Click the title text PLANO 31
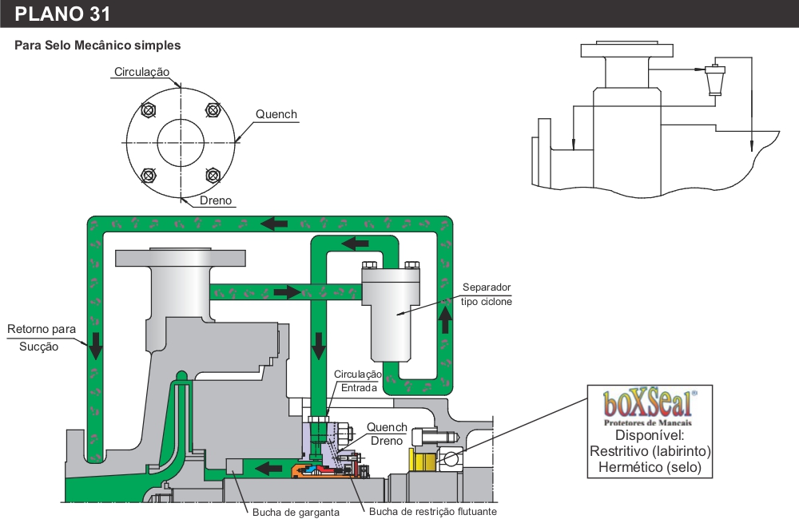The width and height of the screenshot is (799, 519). pos(62,14)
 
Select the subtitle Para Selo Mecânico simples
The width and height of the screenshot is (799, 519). pos(97,46)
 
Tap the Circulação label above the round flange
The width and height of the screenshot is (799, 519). pos(141,72)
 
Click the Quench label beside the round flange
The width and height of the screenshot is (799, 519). pos(276,114)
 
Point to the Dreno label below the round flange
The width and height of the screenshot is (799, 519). pos(216,200)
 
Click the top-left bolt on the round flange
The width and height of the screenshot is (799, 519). pos(147,110)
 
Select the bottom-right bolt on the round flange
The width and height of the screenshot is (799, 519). pos(213,175)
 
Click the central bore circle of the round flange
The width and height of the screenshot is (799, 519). pos(180,143)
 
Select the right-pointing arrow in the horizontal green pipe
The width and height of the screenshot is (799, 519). pos(286,292)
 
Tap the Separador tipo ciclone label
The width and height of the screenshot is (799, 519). pos(486,295)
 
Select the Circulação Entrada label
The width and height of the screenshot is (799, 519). pos(357,381)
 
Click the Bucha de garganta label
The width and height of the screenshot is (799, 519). pos(296,512)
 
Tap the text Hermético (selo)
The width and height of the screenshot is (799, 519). pos(649,468)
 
